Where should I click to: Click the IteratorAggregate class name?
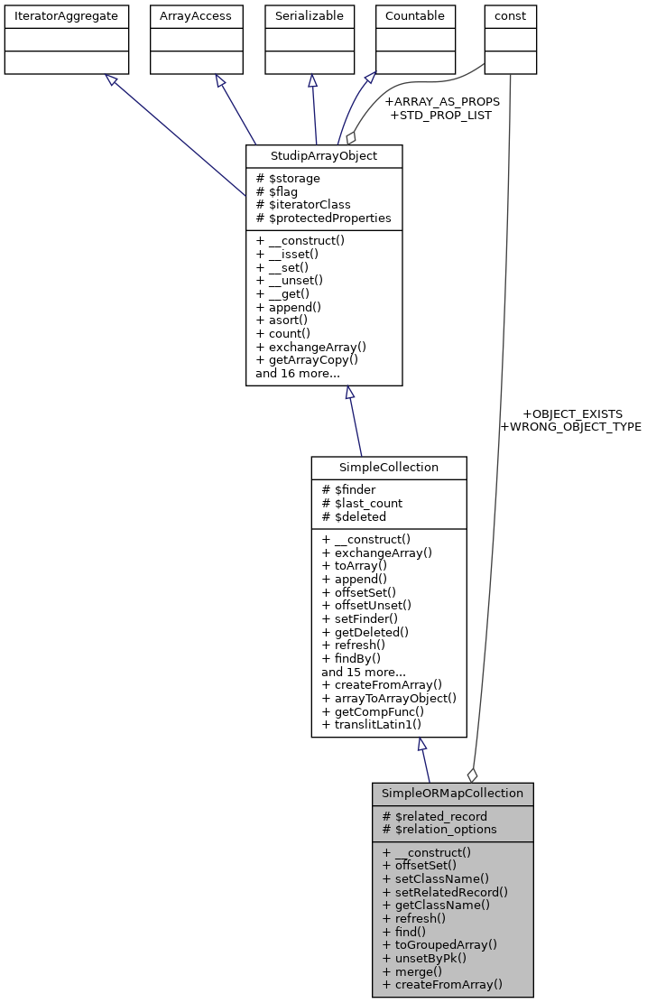click(66, 15)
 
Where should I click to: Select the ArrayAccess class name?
click(196, 15)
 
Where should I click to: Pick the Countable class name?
click(414, 15)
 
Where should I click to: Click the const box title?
click(511, 15)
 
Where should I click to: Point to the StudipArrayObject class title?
click(324, 156)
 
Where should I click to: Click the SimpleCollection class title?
click(389, 468)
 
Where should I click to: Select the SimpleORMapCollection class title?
click(452, 794)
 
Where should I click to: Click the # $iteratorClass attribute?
click(303, 205)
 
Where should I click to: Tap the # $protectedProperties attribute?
click(323, 218)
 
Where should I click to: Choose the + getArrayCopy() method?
click(307, 359)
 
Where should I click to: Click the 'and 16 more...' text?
click(298, 373)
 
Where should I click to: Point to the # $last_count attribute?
click(362, 504)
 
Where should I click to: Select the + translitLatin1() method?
click(371, 725)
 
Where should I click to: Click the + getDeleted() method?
click(365, 632)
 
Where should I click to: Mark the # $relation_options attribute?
click(439, 830)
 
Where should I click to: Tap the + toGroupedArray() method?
click(439, 944)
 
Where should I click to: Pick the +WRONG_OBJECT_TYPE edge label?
click(570, 427)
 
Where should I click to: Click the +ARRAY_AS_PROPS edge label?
click(441, 102)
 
